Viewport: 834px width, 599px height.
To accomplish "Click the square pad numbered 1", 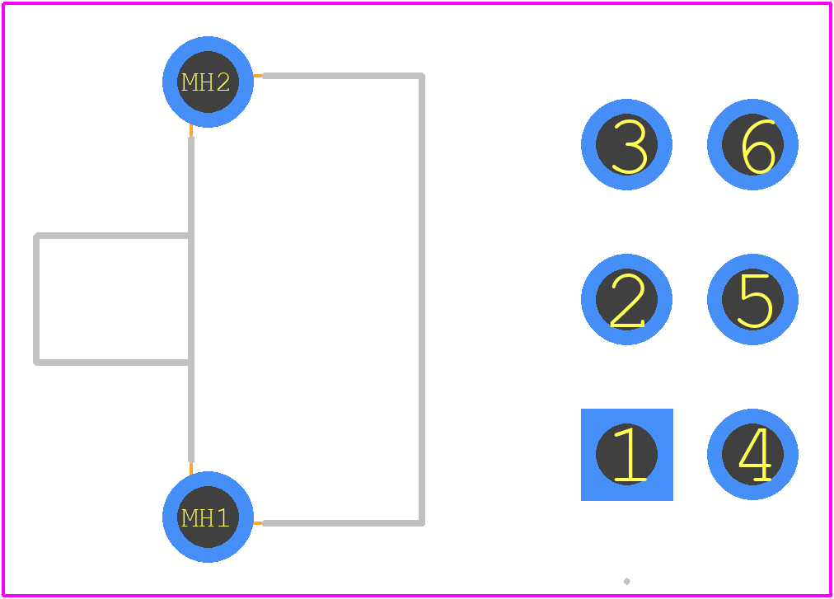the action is click(626, 454).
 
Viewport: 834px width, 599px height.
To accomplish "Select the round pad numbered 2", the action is click(626, 300).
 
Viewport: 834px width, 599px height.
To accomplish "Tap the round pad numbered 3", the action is click(626, 144).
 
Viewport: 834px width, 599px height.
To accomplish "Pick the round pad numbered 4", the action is click(752, 454).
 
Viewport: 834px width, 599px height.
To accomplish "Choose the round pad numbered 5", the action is click(752, 300).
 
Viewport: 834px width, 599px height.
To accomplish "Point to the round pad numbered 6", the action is click(752, 144).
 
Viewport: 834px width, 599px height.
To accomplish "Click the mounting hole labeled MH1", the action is click(208, 517).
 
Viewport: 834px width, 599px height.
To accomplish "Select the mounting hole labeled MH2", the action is click(208, 82).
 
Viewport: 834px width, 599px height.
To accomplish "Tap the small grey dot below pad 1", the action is click(626, 582).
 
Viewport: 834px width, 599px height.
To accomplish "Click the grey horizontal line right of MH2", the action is click(343, 76).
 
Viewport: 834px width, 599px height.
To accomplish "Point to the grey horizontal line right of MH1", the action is click(343, 523).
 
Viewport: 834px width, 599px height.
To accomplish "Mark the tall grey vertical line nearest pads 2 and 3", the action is click(422, 300).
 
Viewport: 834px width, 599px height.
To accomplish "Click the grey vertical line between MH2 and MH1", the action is click(191, 300).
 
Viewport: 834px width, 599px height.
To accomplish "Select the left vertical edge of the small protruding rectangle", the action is click(36, 299).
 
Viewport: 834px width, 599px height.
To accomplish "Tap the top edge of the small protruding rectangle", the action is click(112, 236).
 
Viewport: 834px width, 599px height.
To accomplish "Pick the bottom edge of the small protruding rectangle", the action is click(112, 363).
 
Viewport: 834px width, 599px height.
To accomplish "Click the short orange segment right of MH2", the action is click(258, 76).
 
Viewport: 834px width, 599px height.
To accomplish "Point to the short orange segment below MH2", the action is click(191, 131).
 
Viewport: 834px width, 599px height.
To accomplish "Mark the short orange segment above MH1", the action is click(191, 468).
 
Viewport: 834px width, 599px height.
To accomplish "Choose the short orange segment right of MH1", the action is click(258, 523).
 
